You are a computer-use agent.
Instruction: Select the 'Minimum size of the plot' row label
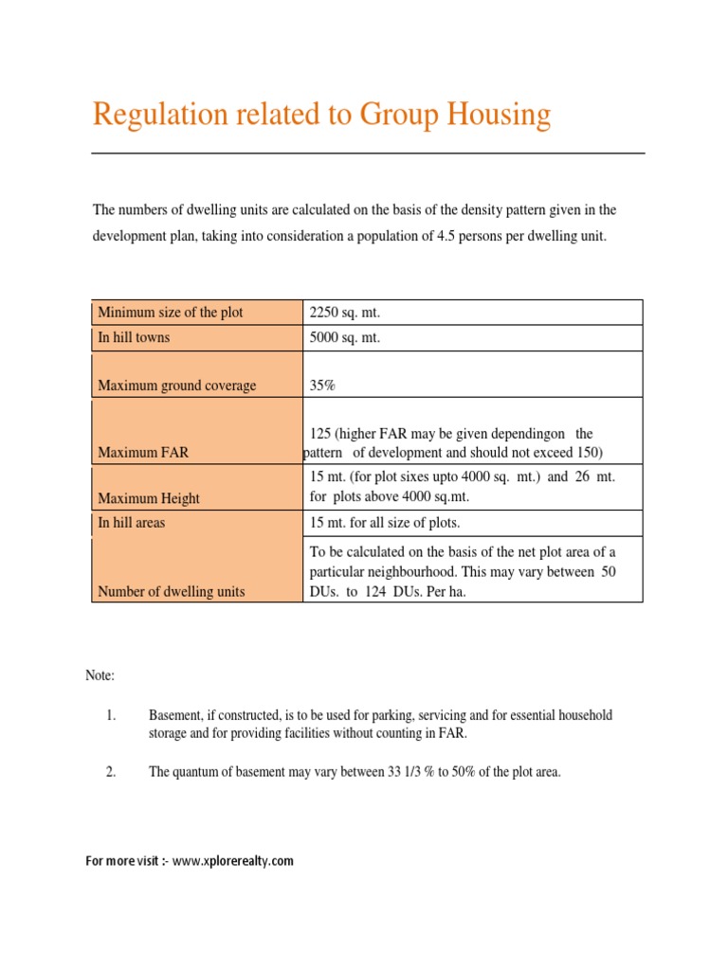click(171, 313)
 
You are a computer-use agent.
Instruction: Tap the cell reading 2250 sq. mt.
click(344, 313)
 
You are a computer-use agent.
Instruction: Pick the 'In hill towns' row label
click(135, 337)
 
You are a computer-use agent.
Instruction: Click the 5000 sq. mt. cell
click(344, 337)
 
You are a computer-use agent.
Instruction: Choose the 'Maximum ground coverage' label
click(177, 386)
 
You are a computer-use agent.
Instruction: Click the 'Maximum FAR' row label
click(143, 453)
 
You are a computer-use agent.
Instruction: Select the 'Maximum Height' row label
click(149, 498)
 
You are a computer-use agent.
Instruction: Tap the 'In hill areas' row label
click(132, 523)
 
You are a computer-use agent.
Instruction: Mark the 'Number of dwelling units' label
click(172, 591)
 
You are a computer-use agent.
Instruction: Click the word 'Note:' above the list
click(100, 675)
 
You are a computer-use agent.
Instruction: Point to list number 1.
click(110, 715)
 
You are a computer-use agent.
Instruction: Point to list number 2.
click(110, 772)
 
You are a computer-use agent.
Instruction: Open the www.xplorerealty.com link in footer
click(233, 861)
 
